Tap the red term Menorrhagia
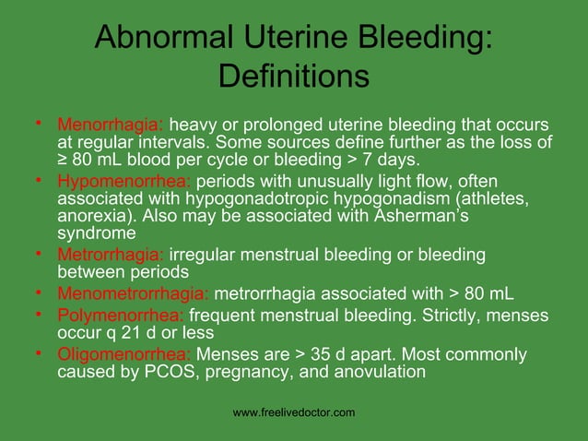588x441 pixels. tap(111, 125)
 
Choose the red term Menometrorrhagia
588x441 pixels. tap(133, 294)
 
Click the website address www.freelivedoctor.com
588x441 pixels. tap(294, 412)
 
